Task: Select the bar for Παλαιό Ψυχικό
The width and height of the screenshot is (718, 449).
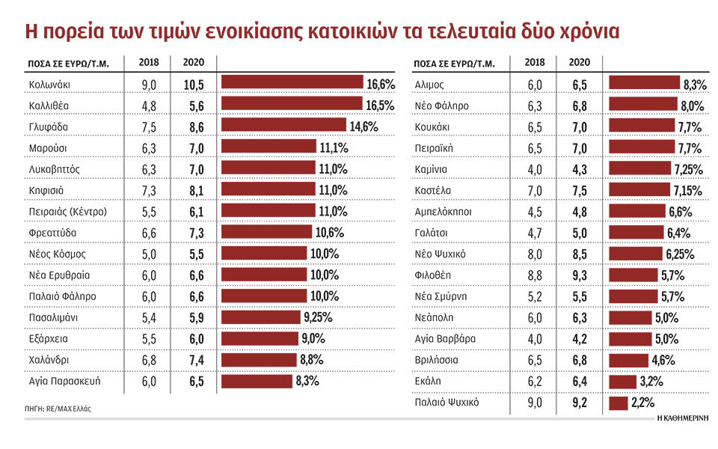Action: point(618,403)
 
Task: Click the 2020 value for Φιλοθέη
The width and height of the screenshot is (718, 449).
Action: point(579,275)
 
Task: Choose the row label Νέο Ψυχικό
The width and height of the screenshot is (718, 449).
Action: point(441,254)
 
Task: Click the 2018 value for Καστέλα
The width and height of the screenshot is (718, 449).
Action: point(536,190)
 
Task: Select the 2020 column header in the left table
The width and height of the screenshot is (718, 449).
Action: point(193,63)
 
